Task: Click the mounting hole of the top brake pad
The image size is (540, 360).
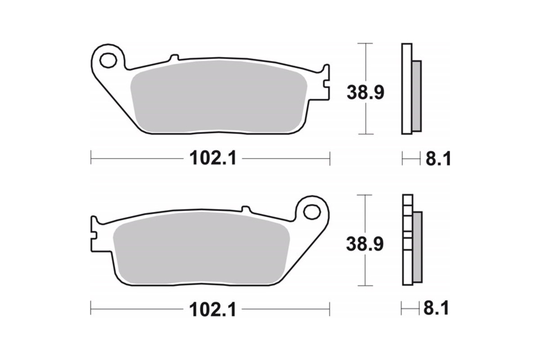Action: coord(108,59)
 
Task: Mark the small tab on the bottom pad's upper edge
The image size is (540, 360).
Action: coord(246,209)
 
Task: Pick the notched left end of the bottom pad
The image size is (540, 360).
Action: coord(94,232)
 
